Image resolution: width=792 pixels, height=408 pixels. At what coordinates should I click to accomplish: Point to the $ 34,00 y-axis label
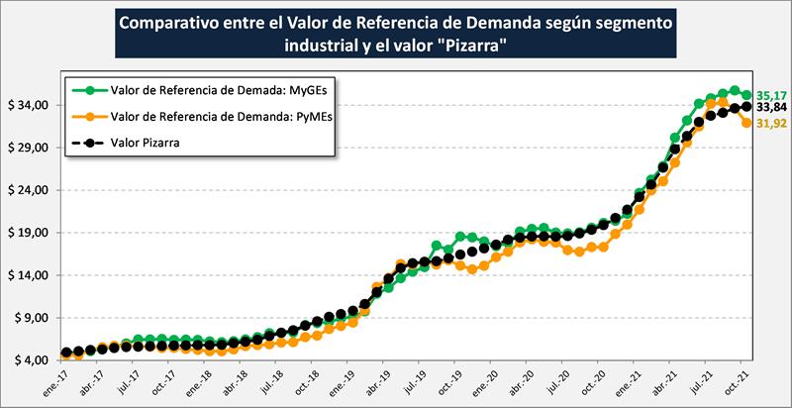(31, 105)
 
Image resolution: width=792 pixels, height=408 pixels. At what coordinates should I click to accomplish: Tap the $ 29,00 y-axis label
(31, 148)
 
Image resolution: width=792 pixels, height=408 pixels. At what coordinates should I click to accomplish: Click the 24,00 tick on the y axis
(31, 190)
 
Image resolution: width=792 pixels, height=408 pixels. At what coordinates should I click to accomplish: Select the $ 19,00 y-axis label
(31, 233)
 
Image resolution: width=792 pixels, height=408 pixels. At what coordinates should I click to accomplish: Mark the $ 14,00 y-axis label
(31, 275)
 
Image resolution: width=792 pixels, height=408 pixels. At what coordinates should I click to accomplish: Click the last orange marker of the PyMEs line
(745, 123)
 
